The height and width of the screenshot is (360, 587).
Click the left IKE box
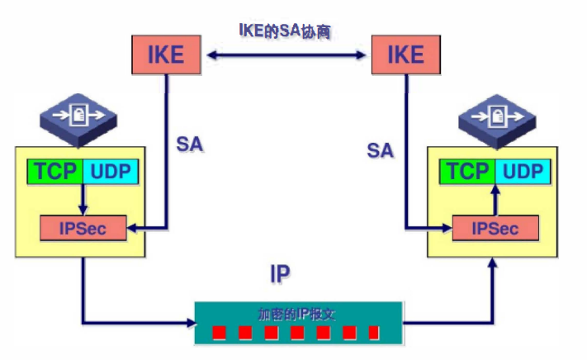166,55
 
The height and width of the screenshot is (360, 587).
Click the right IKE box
405,55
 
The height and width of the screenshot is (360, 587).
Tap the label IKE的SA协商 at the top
284,31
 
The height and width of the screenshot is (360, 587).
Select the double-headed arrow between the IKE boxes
286,56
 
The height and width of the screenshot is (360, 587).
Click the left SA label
190,144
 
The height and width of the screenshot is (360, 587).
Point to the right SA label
380,149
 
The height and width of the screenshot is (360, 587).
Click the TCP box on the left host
56,172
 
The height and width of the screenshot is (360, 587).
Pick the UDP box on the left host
111,172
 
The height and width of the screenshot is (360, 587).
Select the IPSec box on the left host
83,227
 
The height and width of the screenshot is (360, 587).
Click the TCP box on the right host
468,172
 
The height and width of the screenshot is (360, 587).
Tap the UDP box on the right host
522,172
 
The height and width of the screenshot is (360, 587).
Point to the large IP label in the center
281,273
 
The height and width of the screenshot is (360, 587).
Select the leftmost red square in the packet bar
219,333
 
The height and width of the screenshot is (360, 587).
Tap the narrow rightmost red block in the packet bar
373,333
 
